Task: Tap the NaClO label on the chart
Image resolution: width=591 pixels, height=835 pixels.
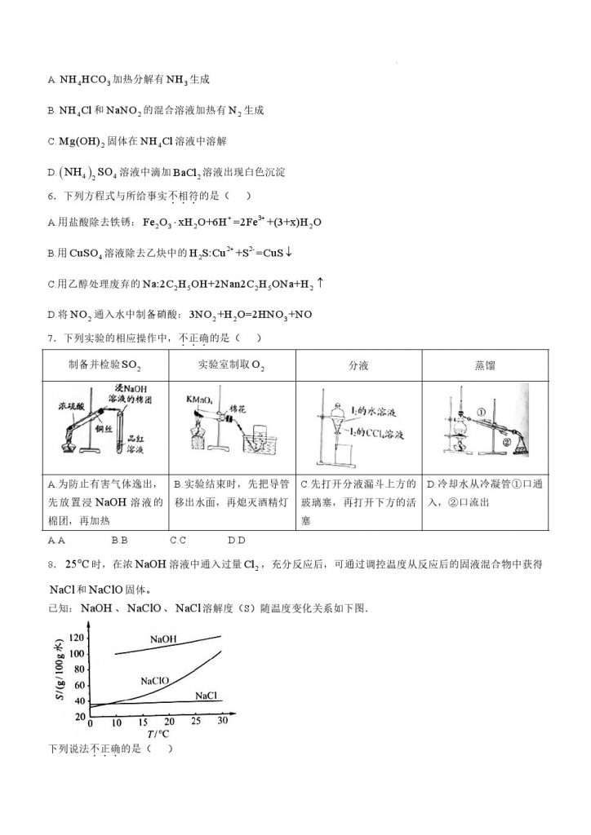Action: (155, 680)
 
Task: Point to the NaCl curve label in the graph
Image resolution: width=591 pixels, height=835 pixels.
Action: (206, 695)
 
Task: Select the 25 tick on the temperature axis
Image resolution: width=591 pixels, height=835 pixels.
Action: (195, 722)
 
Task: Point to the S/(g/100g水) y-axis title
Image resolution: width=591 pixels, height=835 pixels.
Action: (62, 677)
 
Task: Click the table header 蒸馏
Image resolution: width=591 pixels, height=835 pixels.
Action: (485, 365)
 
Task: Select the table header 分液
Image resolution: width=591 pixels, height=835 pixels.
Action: (358, 365)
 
